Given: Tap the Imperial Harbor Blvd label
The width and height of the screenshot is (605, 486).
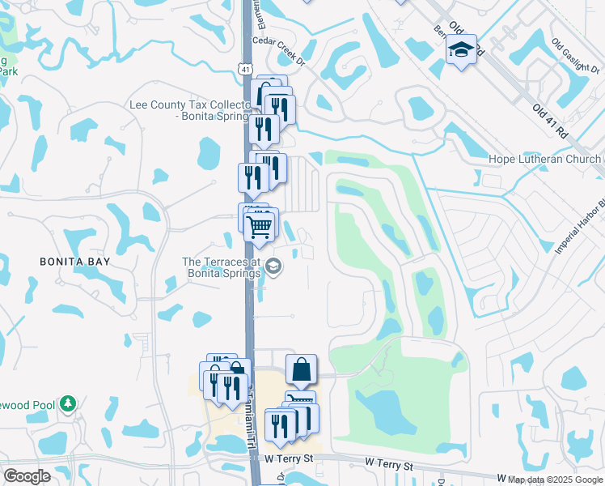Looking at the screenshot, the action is [580, 227].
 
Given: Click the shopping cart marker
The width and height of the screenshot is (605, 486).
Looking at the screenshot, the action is [259, 228].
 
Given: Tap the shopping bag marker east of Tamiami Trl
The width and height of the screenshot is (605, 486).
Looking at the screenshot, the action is [301, 371].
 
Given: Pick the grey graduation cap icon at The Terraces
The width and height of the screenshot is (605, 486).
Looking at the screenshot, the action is [273, 266].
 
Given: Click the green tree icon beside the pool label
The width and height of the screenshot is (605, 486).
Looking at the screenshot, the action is [70, 403].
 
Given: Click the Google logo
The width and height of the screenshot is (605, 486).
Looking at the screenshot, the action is [27, 476].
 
